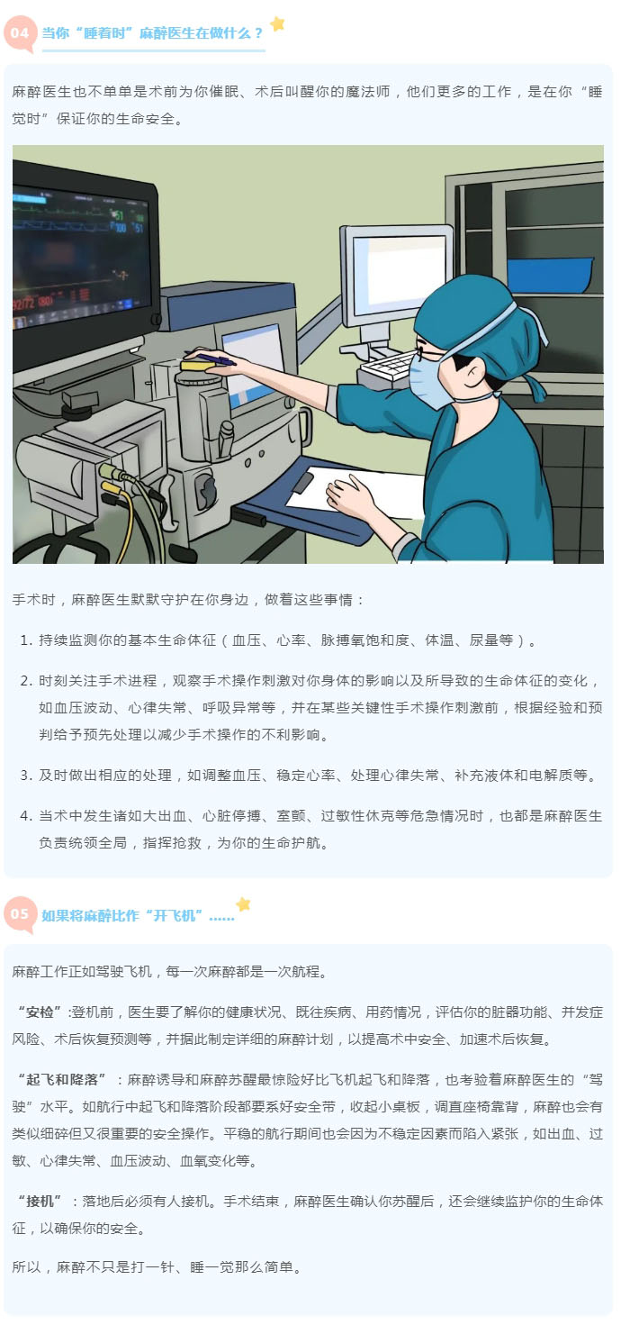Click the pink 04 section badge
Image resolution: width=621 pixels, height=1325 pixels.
(x=19, y=33)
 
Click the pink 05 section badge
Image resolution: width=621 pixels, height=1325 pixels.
(x=20, y=915)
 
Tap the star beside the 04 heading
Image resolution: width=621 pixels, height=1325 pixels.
(x=277, y=23)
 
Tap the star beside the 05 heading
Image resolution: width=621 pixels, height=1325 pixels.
(x=243, y=904)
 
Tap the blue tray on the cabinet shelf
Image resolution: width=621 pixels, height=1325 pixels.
(x=550, y=275)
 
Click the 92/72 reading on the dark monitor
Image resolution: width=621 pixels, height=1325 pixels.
(x=25, y=304)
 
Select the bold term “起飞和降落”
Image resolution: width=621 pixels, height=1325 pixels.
(x=61, y=1079)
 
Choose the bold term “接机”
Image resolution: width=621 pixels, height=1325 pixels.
(x=40, y=1202)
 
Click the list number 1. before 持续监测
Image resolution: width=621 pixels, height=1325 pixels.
(x=26, y=640)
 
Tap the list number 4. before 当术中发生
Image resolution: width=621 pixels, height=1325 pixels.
(x=26, y=816)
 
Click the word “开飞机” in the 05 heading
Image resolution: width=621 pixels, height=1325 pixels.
(x=175, y=916)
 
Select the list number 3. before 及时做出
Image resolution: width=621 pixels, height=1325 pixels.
(x=26, y=776)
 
